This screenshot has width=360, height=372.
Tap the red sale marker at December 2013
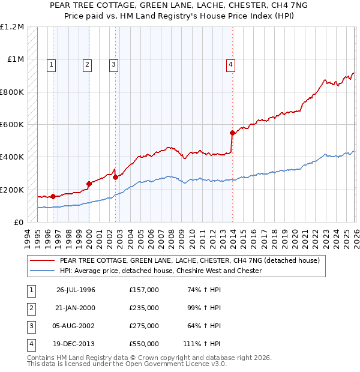232,133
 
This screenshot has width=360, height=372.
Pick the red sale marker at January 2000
89,184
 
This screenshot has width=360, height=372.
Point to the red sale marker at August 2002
115,177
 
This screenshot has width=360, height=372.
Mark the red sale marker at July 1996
53,196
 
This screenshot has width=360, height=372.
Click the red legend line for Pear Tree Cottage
43,261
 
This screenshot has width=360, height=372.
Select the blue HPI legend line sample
43,271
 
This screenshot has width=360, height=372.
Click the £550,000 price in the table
144,344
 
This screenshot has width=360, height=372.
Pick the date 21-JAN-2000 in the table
76,308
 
